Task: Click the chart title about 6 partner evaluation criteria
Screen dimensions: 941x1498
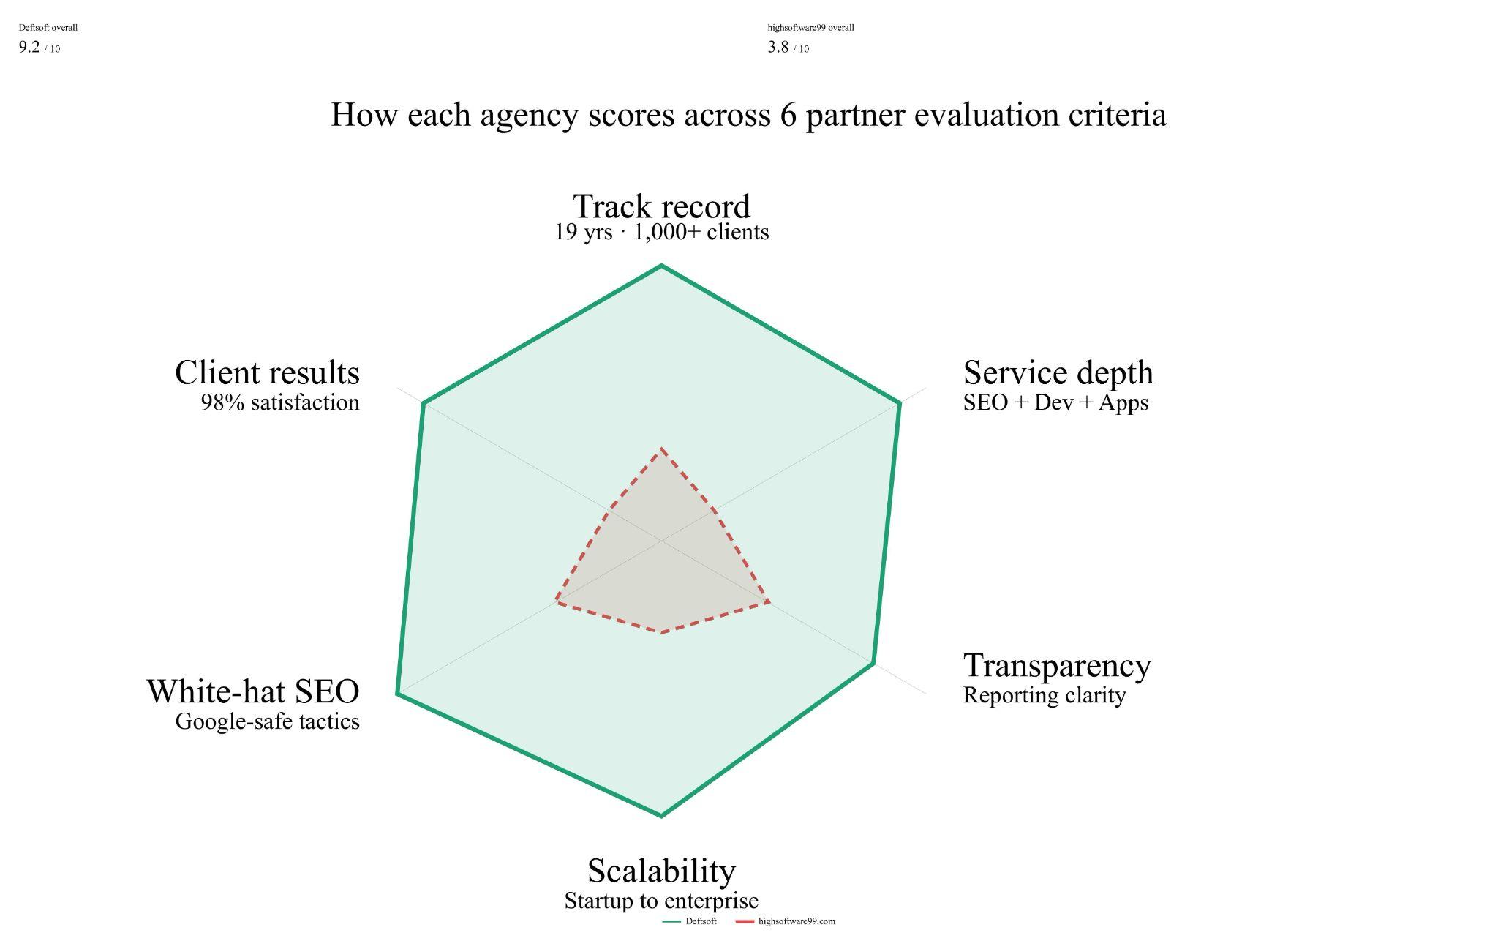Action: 748,115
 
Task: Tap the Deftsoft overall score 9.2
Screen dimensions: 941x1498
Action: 29,48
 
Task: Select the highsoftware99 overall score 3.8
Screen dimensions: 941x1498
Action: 778,48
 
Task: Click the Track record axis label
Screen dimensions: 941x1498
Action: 661,206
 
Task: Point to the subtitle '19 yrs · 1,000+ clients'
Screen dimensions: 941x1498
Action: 661,232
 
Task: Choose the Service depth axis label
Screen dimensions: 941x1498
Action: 1058,372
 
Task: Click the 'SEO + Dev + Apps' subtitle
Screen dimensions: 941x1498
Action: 1055,402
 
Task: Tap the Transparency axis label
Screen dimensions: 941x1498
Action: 1057,665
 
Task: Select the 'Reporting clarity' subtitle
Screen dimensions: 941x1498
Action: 1044,695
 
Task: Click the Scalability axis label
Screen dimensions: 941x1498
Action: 661,871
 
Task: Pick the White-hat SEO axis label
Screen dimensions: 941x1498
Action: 253,691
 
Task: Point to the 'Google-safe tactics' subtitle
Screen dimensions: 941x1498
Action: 267,721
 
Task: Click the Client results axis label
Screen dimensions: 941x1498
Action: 267,372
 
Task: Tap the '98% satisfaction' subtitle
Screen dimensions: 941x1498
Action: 280,402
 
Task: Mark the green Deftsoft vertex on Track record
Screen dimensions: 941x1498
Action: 661,266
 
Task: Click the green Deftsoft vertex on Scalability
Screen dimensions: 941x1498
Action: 661,815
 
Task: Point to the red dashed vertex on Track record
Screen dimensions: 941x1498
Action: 661,448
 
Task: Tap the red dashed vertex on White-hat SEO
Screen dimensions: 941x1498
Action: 556,601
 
